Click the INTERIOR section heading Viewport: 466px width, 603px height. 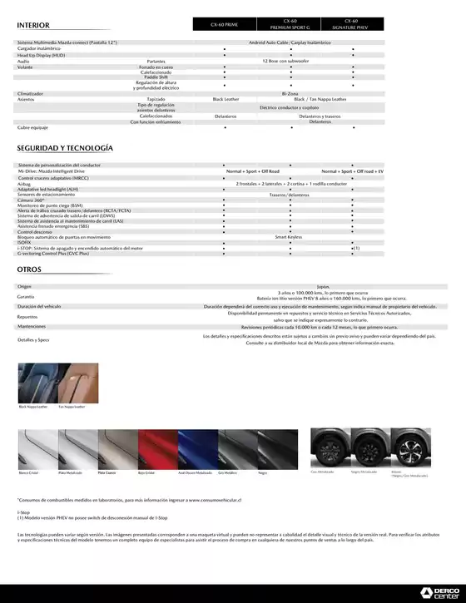point(35,25)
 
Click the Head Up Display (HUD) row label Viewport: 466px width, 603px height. point(41,55)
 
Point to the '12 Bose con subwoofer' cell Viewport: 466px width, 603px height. point(285,62)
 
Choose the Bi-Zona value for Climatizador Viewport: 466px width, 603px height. point(290,93)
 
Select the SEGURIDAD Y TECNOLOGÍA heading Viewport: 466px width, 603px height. point(65,147)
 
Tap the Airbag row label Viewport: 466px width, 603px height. point(23,184)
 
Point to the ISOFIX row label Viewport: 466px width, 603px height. point(23,242)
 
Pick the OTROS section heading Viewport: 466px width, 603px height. point(29,270)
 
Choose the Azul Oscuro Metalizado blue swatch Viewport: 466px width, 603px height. point(197,449)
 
